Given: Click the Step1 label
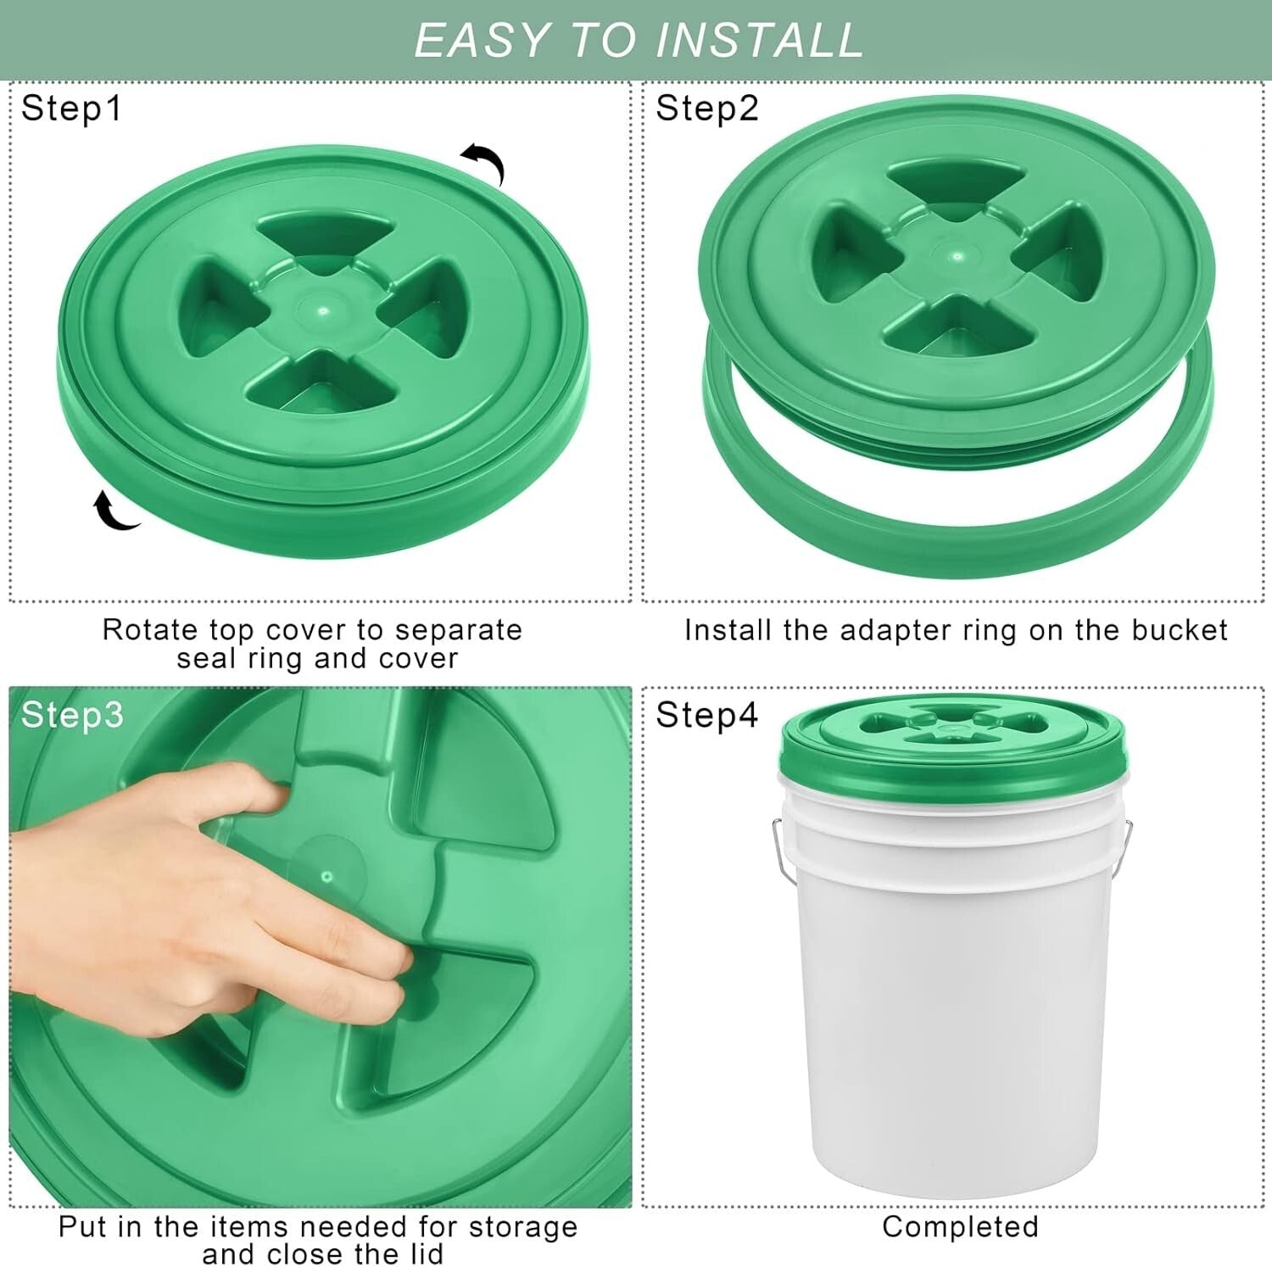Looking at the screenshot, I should pos(71,109).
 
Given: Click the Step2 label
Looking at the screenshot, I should pos(706,109).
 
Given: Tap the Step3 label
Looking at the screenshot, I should pos(72,715).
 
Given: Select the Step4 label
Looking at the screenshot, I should pos(706,715).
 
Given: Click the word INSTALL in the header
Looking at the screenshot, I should pos(760,41).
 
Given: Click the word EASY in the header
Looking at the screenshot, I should pos(481,41).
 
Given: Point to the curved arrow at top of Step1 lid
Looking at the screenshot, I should pos(484,161).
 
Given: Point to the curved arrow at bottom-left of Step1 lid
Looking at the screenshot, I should pos(114,511).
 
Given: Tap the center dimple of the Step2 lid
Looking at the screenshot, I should pos(957,256).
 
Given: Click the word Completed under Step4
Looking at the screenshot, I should pos(960,1226).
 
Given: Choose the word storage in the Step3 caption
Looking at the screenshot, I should pos(522,1226).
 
